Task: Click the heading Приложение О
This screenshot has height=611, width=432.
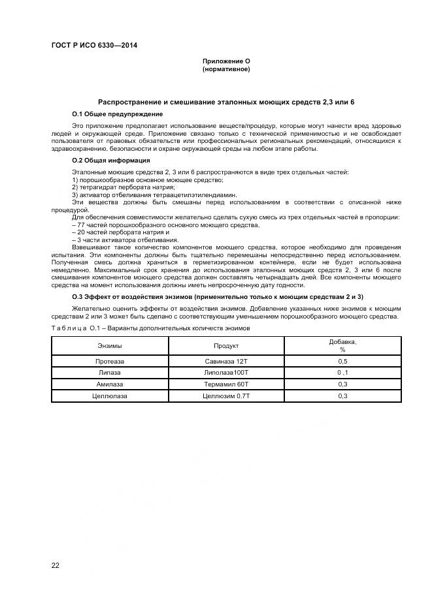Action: click(225, 61)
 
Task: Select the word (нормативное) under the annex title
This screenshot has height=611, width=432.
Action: click(225, 69)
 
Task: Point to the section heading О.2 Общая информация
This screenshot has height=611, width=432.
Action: click(110, 160)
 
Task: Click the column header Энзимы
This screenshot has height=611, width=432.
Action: click(109, 345)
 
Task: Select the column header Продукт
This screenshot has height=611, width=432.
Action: click(226, 345)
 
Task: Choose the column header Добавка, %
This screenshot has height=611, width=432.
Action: click(342, 345)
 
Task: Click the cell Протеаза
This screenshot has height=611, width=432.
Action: click(109, 360)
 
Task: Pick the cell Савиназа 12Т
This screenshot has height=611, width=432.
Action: click(226, 360)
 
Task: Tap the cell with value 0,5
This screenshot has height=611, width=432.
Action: click(342, 360)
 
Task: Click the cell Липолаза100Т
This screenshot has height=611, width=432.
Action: click(226, 372)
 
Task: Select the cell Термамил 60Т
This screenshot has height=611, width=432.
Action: click(226, 384)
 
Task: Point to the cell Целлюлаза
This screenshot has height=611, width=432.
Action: click(109, 396)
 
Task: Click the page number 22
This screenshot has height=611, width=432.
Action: click(56, 565)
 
